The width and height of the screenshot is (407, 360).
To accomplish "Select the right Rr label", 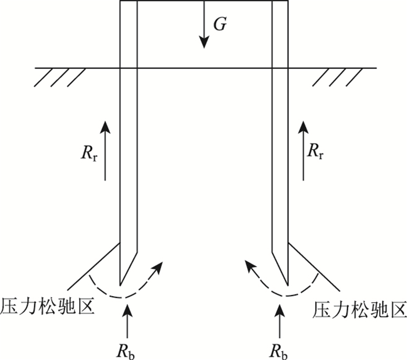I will pyautogui.click(x=317, y=152).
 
